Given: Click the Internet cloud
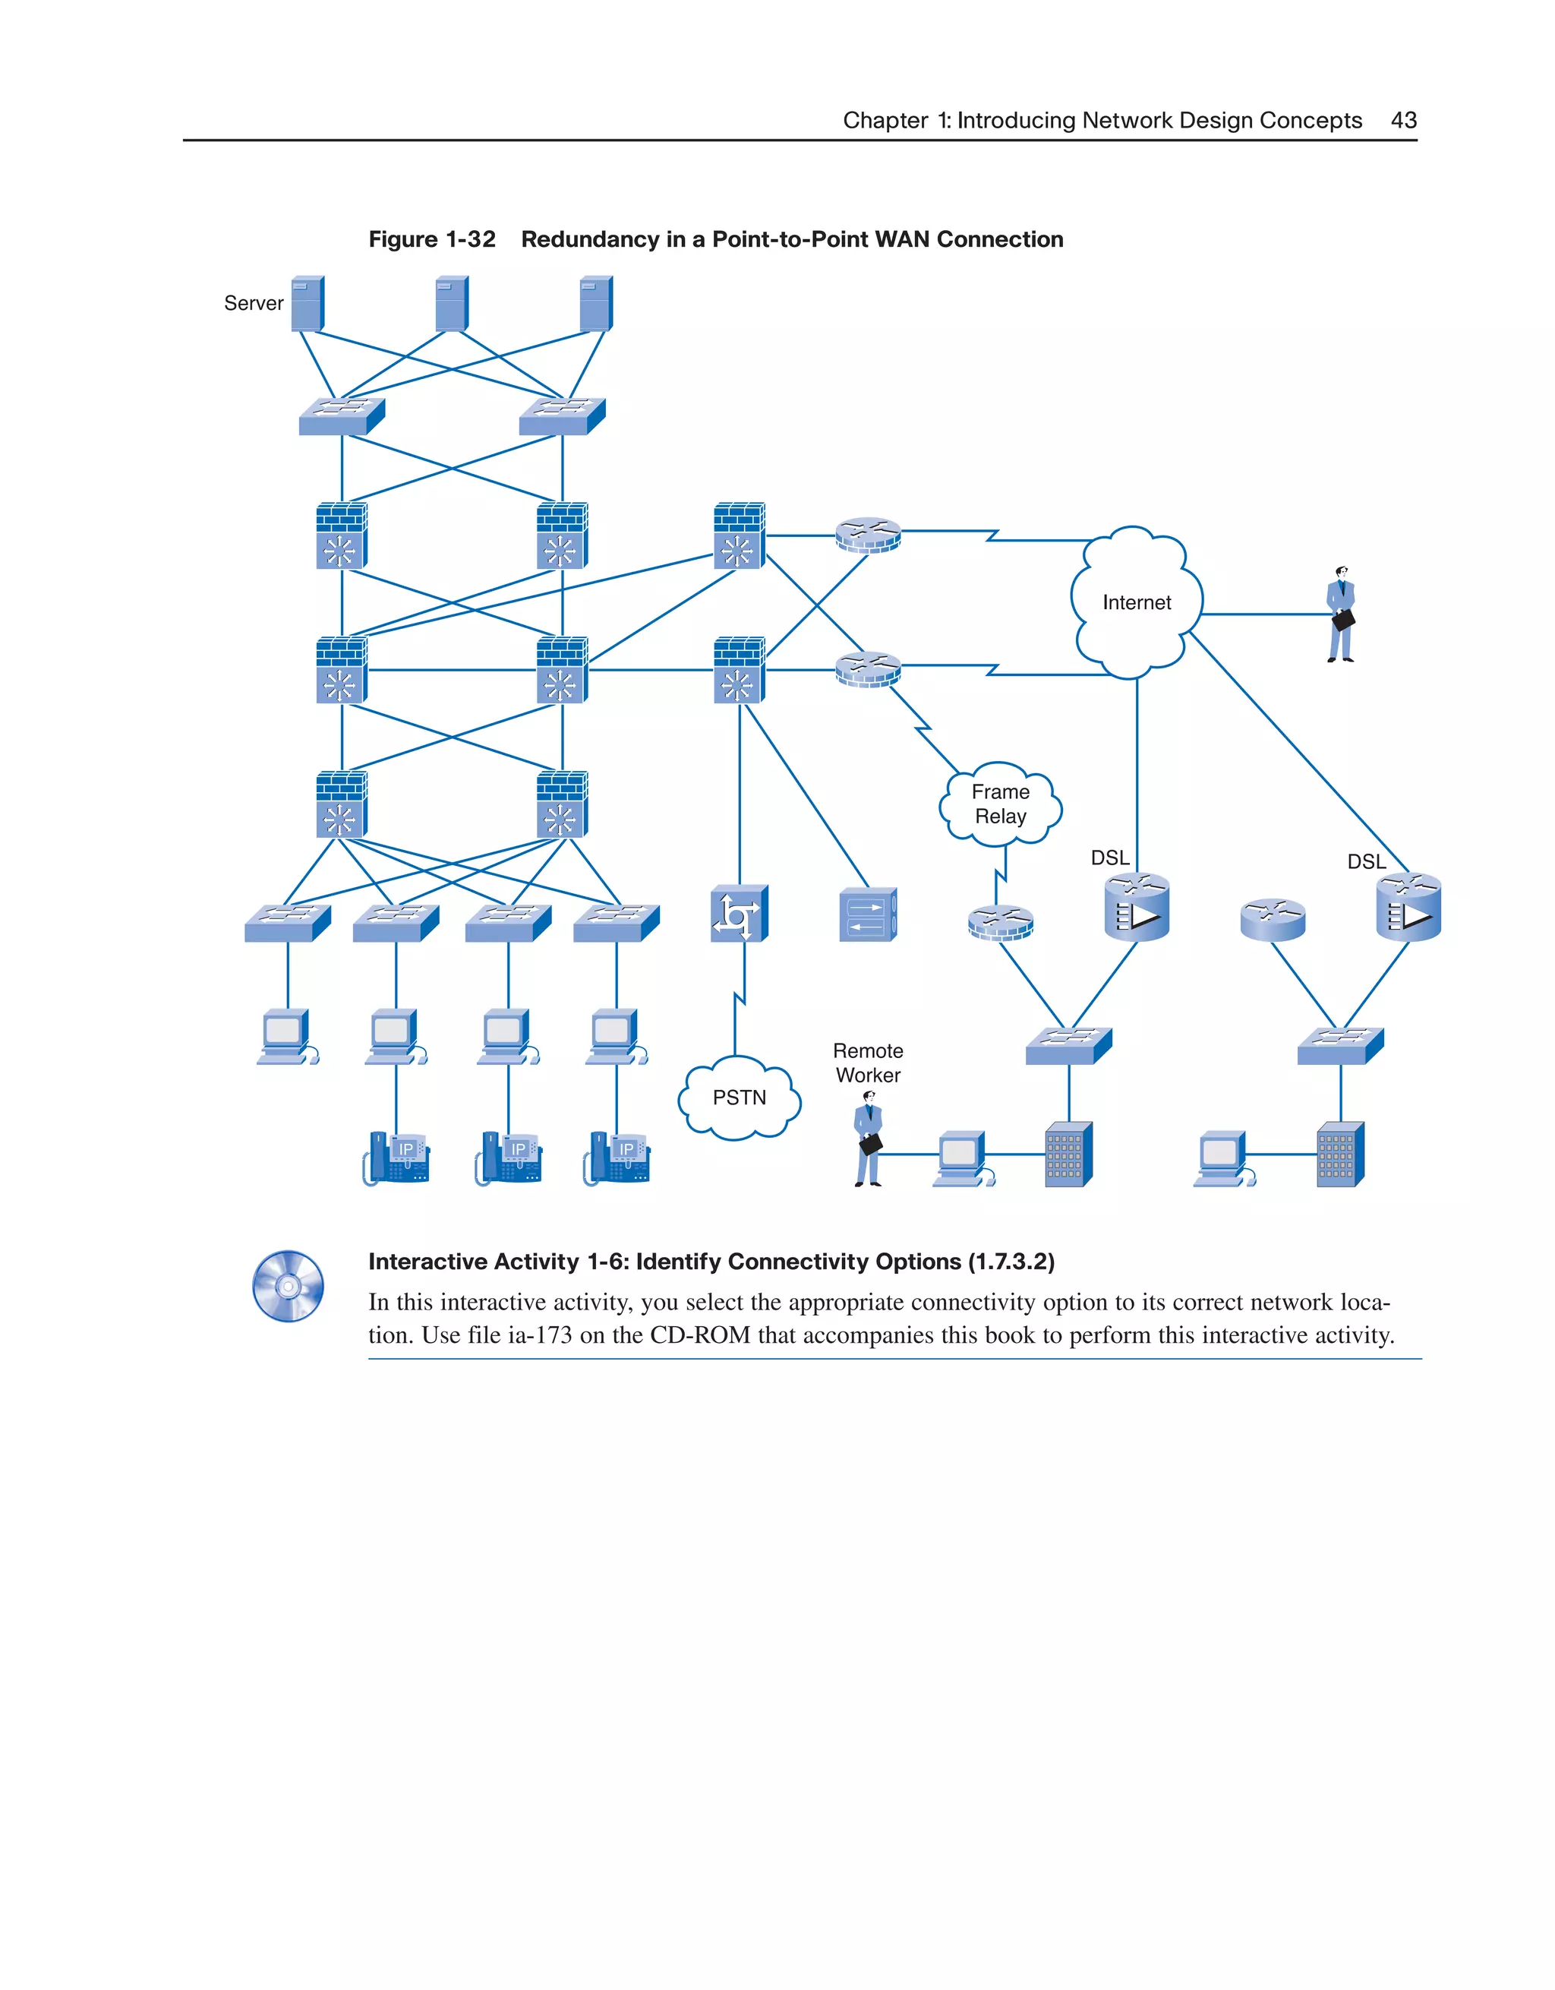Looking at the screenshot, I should click(x=1136, y=602).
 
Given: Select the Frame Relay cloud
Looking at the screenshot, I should click(x=1000, y=804).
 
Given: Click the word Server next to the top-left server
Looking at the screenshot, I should click(x=254, y=303).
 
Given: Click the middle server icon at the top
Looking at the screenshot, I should click(x=452, y=303).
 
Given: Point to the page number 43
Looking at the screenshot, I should click(x=1403, y=120).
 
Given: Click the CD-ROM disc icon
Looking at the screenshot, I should click(x=288, y=1286).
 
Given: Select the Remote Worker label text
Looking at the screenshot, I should click(x=867, y=1063).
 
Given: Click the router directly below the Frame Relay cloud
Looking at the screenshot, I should click(x=1000, y=922).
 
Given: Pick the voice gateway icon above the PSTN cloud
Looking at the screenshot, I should click(x=739, y=913).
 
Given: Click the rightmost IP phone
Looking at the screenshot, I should click(x=617, y=1158).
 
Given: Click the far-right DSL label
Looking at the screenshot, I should click(x=1365, y=861).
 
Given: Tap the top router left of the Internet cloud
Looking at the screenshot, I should click(x=868, y=535).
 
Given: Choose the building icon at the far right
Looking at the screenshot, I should click(x=1340, y=1154).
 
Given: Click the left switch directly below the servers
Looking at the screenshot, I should click(x=342, y=416).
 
